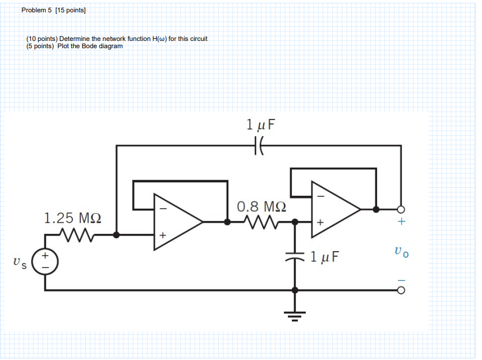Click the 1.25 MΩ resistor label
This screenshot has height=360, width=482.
72,218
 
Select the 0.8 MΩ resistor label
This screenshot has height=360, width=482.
261,206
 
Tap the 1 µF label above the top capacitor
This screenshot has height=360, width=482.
261,124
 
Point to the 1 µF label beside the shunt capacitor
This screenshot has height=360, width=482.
324,257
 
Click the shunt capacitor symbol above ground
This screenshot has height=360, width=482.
295,259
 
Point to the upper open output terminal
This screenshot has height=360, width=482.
401,209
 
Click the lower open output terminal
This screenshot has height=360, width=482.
401,290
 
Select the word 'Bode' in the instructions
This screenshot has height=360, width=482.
90,46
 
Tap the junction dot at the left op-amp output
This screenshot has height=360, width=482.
227,222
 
